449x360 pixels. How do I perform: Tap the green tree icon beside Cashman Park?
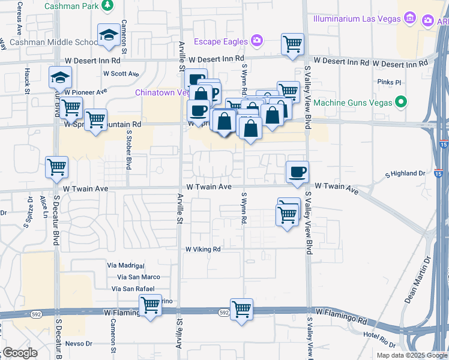point(107,5)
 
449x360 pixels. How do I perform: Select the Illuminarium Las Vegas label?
point(357,19)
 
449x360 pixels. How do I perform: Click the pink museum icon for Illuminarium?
point(411,18)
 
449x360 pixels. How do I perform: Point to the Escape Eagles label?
point(220,41)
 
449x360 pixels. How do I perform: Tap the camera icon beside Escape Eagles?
point(257,41)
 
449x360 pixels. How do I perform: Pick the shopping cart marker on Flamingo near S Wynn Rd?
point(241,310)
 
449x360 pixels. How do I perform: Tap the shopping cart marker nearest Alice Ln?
point(57,167)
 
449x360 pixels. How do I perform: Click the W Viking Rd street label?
point(203,249)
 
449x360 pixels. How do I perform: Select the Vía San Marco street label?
point(139,277)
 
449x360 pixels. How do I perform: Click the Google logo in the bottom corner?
point(20,353)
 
